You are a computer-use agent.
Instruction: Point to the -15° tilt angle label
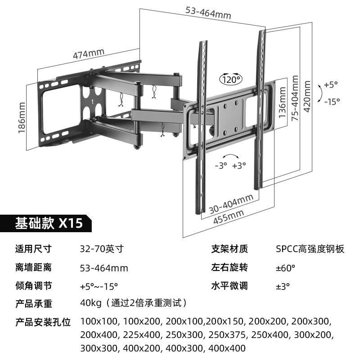(x=332, y=102)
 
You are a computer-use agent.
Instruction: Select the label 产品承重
(x=33, y=304)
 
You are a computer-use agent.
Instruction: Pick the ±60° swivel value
(x=285, y=268)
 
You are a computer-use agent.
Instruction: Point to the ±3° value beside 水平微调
(x=283, y=286)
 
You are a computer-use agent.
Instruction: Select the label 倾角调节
(x=33, y=286)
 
